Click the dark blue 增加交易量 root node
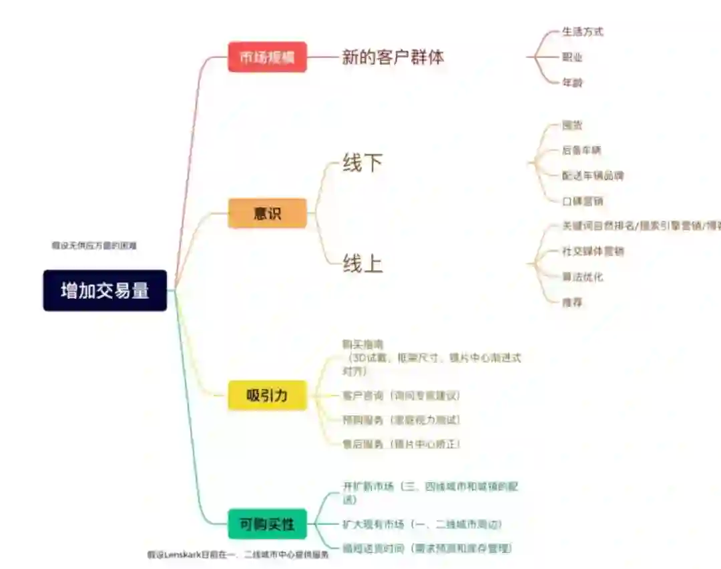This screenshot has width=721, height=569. tap(105, 290)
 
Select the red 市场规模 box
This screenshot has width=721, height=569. tap(267, 57)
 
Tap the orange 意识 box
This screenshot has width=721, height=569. tap(267, 213)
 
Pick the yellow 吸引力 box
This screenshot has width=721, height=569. tap(267, 395)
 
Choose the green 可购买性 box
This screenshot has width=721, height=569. tap(267, 524)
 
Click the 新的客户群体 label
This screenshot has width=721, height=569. tap(393, 57)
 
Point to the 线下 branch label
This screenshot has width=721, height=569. tap(363, 163)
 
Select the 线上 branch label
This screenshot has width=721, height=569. tap(363, 263)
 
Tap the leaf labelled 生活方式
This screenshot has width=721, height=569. tap(582, 31)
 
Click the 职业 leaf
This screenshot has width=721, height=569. tap(572, 57)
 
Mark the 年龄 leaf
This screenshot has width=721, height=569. tap(572, 82)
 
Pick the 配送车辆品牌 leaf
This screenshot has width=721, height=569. tap(593, 175)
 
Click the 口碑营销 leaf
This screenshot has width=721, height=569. tap(582, 201)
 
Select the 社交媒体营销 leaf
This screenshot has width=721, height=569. tap(593, 251)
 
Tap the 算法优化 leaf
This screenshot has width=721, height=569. tap(582, 276)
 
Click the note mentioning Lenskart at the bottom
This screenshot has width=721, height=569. tap(238, 554)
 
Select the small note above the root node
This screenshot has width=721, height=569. tap(94, 245)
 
